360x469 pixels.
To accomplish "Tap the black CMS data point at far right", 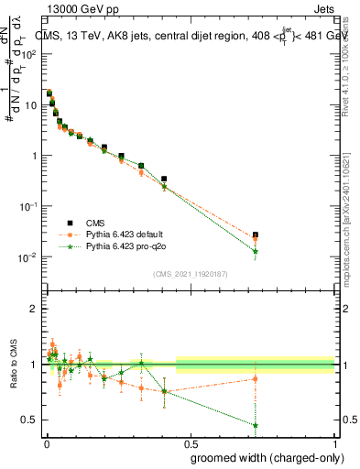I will (x=256, y=235).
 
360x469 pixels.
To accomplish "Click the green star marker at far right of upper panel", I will (x=256, y=251).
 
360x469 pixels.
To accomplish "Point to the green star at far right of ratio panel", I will (x=256, y=425).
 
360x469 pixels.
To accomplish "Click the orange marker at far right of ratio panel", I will (x=256, y=378).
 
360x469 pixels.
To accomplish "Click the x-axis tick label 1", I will (x=334, y=443).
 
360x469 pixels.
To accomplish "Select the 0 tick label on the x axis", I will (x=45, y=443).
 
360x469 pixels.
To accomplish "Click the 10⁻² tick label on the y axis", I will (x=28, y=256).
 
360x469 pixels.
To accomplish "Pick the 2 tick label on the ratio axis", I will (x=34, y=309).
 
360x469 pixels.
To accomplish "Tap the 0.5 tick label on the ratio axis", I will (x=30, y=420).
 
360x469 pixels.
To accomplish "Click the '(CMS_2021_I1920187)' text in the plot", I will (x=190, y=273).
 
